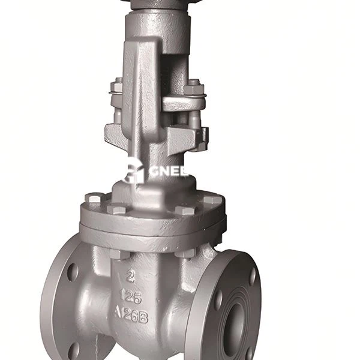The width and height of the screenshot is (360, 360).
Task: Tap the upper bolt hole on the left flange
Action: point(72,271)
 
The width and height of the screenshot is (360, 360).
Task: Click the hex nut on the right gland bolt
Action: point(193,88)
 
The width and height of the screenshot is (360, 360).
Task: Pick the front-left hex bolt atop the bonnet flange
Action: point(117,209)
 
